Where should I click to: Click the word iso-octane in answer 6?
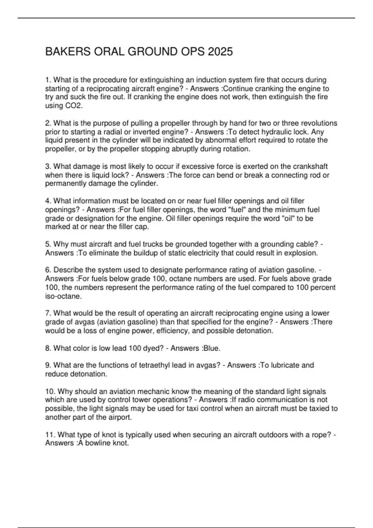[63, 296]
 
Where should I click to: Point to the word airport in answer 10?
[119, 417]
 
